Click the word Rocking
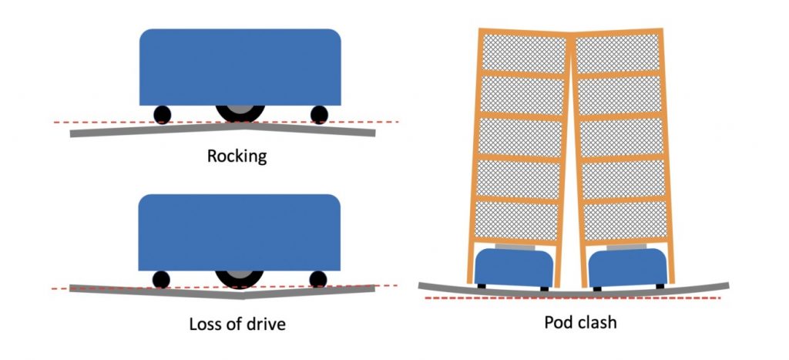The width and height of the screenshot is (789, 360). click(x=237, y=156)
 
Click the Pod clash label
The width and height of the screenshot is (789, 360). click(x=580, y=321)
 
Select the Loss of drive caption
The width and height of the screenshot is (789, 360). click(x=237, y=324)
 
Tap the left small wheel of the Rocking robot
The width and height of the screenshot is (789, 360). click(x=162, y=115)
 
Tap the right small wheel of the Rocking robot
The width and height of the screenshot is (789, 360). click(x=319, y=115)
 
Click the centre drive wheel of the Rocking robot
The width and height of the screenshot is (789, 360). click(x=240, y=113)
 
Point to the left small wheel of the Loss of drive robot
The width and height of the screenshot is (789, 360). click(x=161, y=279)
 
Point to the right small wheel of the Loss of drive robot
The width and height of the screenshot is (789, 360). click(x=318, y=279)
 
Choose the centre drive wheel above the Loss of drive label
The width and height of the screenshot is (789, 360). click(x=240, y=278)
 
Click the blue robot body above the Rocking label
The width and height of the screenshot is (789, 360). click(x=240, y=67)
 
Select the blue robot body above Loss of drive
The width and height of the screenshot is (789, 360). click(x=239, y=233)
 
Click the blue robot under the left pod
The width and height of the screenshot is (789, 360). click(x=513, y=267)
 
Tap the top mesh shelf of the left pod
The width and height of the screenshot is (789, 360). click(x=524, y=53)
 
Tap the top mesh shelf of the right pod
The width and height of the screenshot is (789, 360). click(x=617, y=53)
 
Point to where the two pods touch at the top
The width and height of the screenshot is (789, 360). click(x=571, y=34)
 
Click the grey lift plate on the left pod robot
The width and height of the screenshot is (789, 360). click(x=515, y=247)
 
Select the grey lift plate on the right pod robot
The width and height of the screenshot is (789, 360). click(x=626, y=247)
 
